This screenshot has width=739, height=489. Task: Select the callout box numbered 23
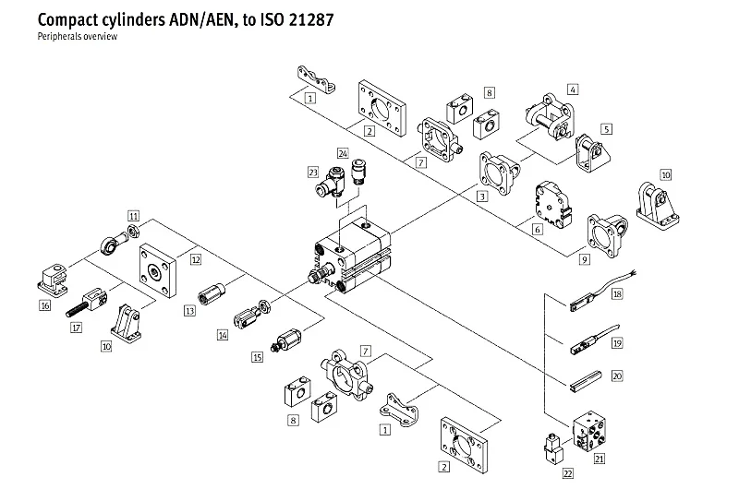click(313, 171)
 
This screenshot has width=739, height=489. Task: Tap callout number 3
click(482, 197)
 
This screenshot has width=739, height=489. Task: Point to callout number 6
click(536, 229)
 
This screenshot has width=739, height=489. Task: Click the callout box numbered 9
click(585, 261)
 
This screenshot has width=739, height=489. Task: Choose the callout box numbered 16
click(44, 304)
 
